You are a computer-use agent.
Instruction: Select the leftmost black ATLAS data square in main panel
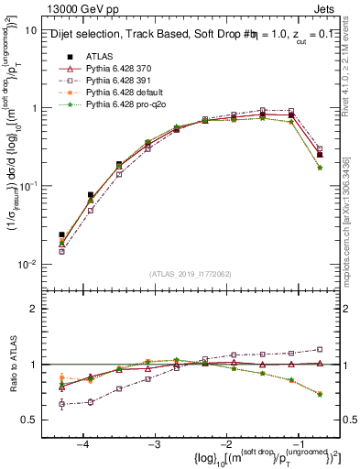61,234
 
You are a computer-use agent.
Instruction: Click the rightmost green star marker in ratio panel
319,394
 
